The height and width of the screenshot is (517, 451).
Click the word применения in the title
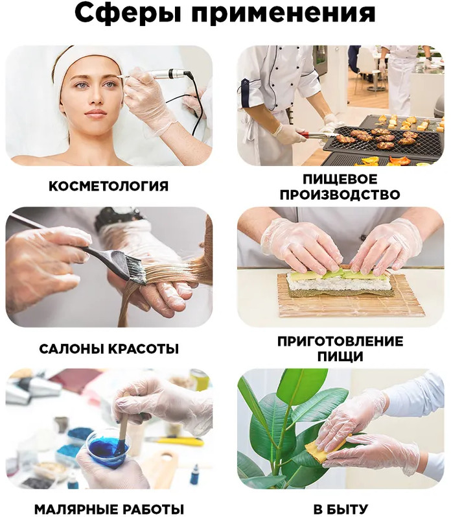click(x=284, y=13)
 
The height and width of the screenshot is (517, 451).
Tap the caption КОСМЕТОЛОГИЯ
click(x=108, y=186)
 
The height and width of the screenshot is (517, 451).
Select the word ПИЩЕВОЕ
click(x=340, y=179)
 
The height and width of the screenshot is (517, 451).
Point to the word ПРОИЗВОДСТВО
click(x=340, y=195)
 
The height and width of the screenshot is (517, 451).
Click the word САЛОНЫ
click(x=72, y=349)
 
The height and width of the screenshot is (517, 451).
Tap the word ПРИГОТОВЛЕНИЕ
click(x=340, y=341)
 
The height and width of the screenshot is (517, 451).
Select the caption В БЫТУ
click(x=340, y=509)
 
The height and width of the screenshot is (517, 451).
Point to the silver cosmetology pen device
click(x=165, y=74)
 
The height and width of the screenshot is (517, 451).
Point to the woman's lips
click(x=95, y=114)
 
